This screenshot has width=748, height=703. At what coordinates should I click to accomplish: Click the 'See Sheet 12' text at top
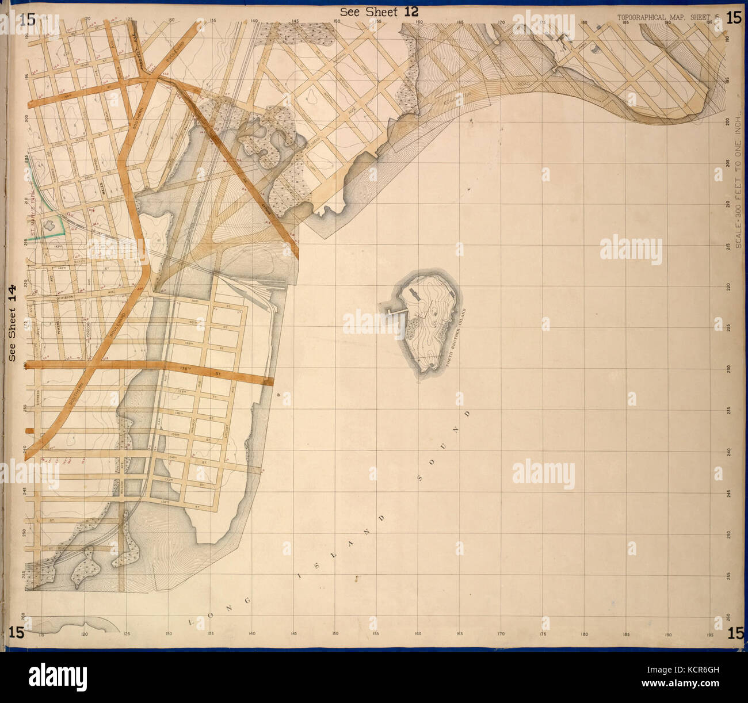[379, 12]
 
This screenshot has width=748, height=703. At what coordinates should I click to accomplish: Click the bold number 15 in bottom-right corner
[735, 633]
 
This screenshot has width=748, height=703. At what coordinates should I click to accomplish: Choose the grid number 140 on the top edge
[254, 21]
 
